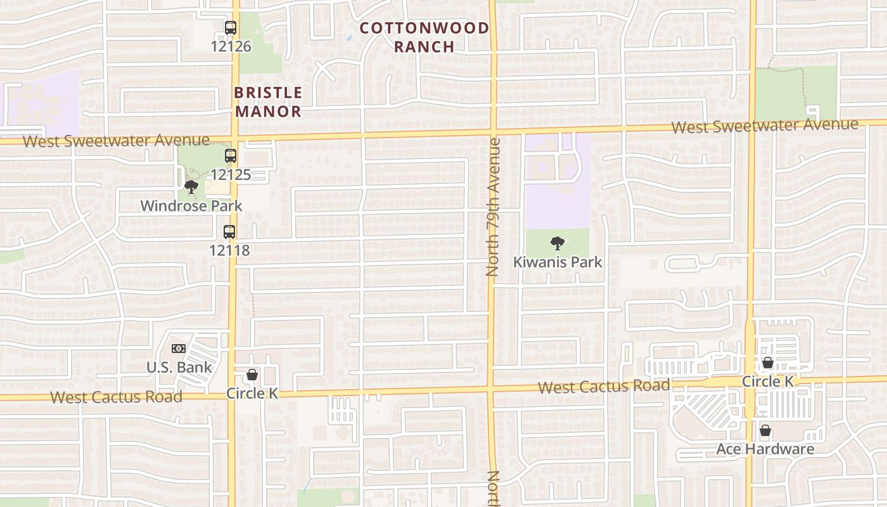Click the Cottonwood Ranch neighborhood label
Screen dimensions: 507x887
[424, 37]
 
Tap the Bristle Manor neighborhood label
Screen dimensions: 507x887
[268, 102]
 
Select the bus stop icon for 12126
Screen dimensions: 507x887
[230, 28]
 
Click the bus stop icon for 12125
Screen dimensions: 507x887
[230, 156]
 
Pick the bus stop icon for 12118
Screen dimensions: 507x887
[229, 232]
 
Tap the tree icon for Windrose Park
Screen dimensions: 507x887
[191, 187]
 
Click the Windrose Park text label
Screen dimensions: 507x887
[191, 206]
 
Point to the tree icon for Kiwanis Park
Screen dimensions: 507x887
[558, 243]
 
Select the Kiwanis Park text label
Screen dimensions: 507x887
[558, 262]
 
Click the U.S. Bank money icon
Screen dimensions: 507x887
[179, 349]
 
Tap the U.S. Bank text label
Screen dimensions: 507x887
[179, 368]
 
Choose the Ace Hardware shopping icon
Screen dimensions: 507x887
[765, 431]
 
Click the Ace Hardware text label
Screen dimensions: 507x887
[765, 449]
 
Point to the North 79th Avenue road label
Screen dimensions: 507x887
[493, 207]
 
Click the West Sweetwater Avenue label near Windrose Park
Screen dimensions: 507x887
[116, 140]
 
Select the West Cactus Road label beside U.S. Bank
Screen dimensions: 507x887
[116, 397]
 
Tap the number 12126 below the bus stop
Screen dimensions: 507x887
[231, 46]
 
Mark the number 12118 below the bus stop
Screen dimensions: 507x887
[229, 250]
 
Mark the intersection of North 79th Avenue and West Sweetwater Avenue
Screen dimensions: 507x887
[492, 132]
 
